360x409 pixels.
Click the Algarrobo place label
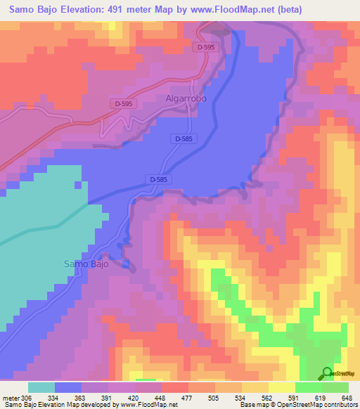[x=186, y=99]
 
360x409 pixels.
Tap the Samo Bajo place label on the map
[x=86, y=264]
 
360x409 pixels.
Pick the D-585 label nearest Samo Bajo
[x=158, y=180]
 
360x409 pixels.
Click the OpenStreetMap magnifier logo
[x=328, y=373]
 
